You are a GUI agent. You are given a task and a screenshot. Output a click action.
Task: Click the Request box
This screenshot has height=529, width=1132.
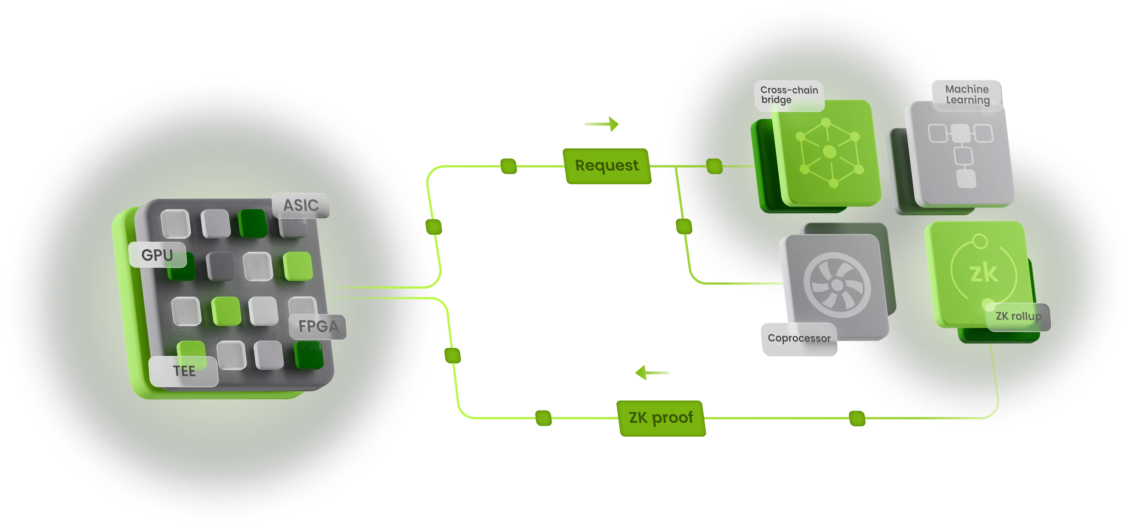(607, 166)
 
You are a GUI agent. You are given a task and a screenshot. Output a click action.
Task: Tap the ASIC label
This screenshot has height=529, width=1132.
(301, 205)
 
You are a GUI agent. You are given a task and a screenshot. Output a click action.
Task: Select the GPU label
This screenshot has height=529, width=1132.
(157, 254)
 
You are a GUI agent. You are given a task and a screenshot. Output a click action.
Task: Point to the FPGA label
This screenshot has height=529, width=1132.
(318, 326)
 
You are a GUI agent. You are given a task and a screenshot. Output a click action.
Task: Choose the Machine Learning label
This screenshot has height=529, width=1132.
(967, 94)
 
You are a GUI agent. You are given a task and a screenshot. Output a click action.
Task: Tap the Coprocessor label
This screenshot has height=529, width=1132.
(799, 338)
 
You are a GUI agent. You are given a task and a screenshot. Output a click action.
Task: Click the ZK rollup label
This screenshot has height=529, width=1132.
(1018, 316)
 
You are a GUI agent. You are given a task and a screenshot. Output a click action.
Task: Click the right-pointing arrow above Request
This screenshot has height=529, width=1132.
(602, 124)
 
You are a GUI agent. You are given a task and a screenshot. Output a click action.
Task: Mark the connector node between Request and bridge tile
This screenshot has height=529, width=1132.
(714, 166)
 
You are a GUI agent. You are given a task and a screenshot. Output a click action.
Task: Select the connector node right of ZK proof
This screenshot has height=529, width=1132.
(857, 417)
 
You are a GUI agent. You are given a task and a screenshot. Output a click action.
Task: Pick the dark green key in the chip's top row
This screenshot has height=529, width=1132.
(253, 223)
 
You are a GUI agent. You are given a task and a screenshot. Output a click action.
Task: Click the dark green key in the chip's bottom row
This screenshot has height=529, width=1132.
(309, 354)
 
